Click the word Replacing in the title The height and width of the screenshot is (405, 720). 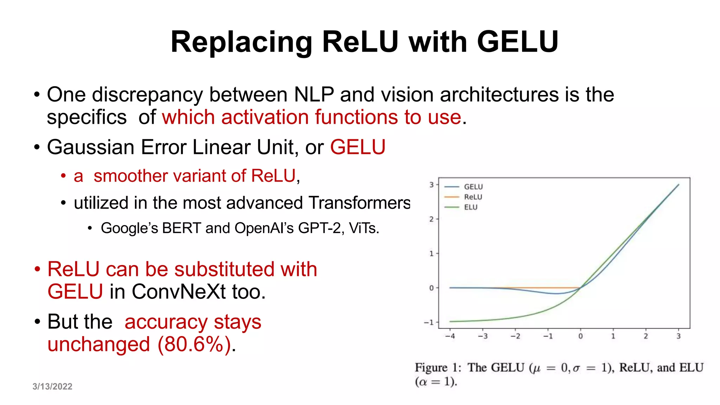point(241,42)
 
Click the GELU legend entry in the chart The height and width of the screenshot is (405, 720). point(473,187)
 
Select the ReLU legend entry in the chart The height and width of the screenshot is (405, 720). point(473,197)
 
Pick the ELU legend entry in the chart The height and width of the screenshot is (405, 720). point(471,207)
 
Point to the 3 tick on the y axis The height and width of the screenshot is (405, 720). point(431,185)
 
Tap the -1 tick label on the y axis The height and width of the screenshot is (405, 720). point(429,322)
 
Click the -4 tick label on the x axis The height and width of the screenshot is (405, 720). point(450,336)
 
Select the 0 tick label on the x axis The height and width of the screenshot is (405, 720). point(580,336)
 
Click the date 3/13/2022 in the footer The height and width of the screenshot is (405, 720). point(52,387)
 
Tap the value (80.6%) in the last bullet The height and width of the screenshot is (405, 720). point(194,344)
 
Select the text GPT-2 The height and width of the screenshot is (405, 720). point(319,228)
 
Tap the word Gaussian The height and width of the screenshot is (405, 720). point(91,147)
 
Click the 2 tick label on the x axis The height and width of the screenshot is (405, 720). point(646,336)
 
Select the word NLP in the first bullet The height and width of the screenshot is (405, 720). point(314,95)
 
